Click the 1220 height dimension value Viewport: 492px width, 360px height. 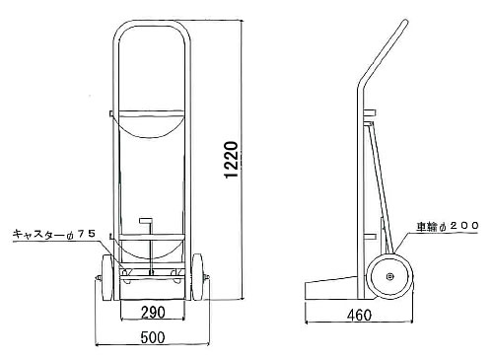231,160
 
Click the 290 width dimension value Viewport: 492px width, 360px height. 153,312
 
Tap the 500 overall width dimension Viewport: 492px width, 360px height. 153,337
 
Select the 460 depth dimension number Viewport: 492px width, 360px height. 359,316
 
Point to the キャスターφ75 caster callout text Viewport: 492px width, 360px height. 54,234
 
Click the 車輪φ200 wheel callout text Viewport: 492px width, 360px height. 448,226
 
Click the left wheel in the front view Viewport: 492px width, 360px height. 107,277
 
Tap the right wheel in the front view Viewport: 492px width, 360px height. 197,277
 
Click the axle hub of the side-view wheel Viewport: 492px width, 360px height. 389,277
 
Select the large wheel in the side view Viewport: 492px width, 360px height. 389,276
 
